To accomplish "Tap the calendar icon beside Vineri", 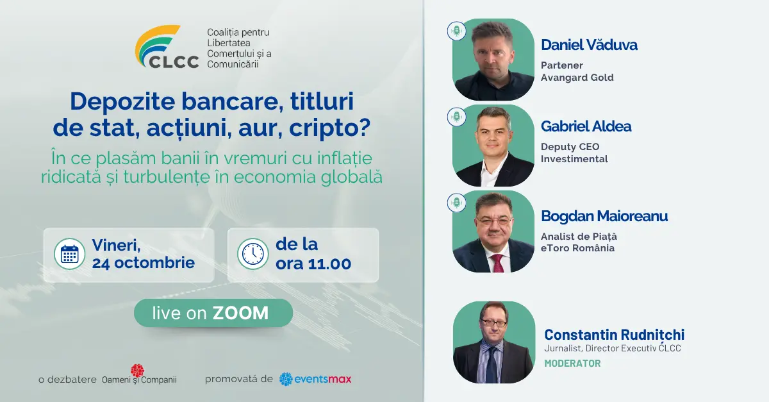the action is click(x=70, y=254).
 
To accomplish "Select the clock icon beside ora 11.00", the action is click(x=253, y=254).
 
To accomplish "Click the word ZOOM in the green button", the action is click(x=240, y=313).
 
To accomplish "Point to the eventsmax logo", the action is click(x=315, y=379).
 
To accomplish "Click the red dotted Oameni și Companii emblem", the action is click(x=137, y=371).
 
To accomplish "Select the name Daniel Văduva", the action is click(x=589, y=45).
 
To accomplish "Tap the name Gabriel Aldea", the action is click(x=586, y=126).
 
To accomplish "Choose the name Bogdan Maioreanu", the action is click(x=604, y=216).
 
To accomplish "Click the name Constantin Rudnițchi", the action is click(x=614, y=334).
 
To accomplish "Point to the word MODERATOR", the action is click(x=573, y=363).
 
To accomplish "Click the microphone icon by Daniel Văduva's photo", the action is click(x=456, y=31).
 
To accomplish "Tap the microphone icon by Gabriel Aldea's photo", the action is click(x=456, y=117).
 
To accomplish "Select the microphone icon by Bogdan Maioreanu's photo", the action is click(x=456, y=203).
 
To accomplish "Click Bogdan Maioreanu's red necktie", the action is click(x=497, y=263).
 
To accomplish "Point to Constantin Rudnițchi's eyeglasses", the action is click(x=493, y=323).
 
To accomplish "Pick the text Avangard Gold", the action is click(x=577, y=78).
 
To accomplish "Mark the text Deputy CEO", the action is click(x=570, y=147).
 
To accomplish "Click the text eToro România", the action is click(x=577, y=248).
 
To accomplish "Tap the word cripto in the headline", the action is click(x=329, y=128).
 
